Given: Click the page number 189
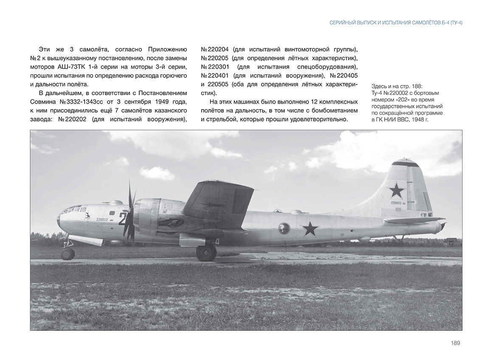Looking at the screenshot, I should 455,343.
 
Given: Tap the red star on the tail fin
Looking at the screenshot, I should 396,191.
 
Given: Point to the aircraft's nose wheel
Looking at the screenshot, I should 68,254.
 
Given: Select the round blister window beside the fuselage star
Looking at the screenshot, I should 284,229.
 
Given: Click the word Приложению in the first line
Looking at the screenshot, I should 167,49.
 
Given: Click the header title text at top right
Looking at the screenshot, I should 396,23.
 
